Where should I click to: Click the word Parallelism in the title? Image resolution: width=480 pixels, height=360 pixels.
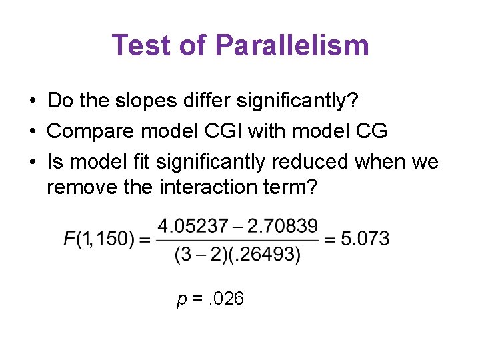[292, 45]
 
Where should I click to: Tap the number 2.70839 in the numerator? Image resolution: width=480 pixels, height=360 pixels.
[282, 226]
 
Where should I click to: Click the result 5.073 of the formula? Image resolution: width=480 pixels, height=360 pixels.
[365, 239]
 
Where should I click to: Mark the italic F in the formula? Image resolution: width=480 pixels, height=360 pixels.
[70, 239]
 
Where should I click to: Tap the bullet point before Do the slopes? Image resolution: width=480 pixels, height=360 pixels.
[32, 101]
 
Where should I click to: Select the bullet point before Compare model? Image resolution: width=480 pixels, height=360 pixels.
[32, 131]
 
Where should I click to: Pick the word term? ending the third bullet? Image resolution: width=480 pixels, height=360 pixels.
[298, 188]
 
